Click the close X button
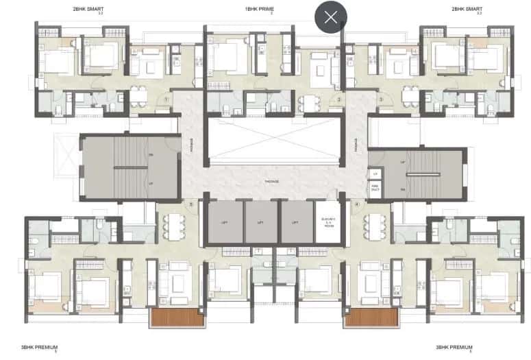(x=330, y=17)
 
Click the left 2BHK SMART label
(x=78, y=9)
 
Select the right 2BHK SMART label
(x=467, y=9)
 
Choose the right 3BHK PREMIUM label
(x=454, y=348)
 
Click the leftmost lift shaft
(x=225, y=222)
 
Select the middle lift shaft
(x=260, y=222)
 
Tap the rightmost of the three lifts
(x=296, y=222)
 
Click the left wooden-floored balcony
(x=177, y=317)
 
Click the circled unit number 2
(x=338, y=99)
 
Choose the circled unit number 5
(x=192, y=204)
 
